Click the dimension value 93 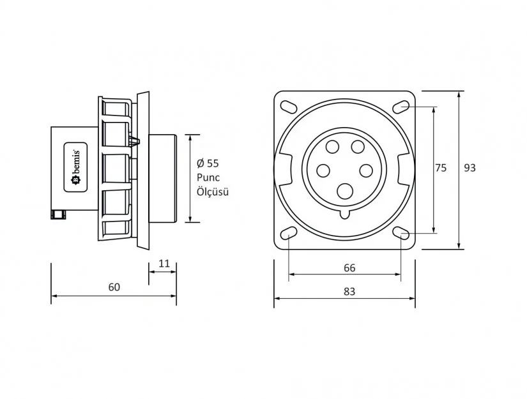coord(470,168)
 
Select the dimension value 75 coord(441,168)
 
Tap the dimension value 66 coord(349,268)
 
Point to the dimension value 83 coord(349,291)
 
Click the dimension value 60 coord(114,287)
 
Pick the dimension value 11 coord(164,263)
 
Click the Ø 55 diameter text coord(208,163)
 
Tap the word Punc coord(208,177)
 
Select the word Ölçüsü coord(212,192)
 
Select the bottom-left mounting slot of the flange coord(289,233)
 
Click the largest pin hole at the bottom coord(346,191)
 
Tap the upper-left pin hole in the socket coord(332,147)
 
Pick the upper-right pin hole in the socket coord(357,147)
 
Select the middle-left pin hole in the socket coord(323,170)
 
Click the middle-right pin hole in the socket coord(366,170)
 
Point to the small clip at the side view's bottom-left coord(59,215)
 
